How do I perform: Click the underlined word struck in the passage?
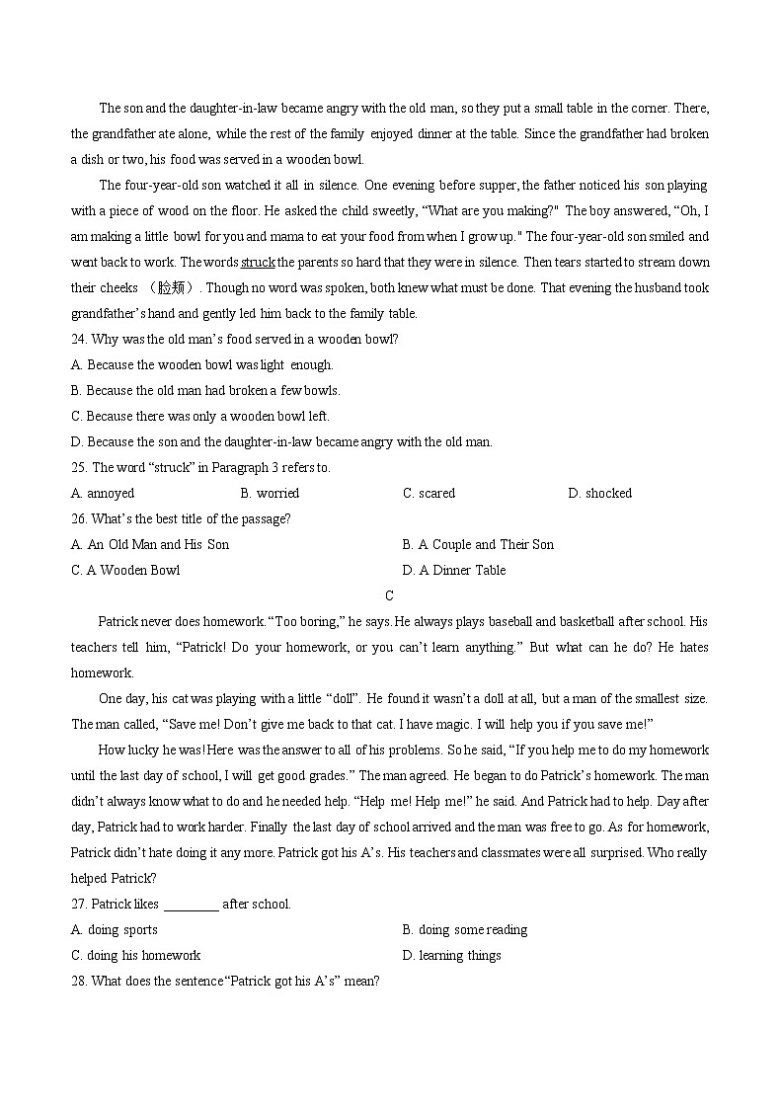coord(258,263)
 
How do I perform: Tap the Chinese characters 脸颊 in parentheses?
coord(173,288)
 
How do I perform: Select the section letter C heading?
coord(389,595)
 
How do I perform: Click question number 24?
coord(79,340)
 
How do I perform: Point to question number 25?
coord(79,468)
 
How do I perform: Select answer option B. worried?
coord(270,494)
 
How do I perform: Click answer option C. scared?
coord(429,494)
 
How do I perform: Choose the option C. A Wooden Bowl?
coord(125,571)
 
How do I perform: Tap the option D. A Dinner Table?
coord(453,571)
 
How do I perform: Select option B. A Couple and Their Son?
coord(478,545)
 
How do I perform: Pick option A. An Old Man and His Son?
coord(150,545)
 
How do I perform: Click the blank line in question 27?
coord(191,905)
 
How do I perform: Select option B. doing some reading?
coord(464,930)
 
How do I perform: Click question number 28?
coord(79,982)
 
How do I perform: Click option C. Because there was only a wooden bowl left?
coord(200,417)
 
